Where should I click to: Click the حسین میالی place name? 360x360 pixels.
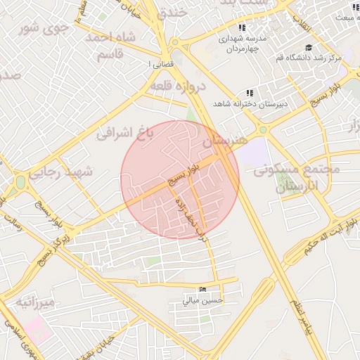203,300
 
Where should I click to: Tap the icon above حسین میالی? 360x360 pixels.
203,290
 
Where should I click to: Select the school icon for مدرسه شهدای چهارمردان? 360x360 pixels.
242,27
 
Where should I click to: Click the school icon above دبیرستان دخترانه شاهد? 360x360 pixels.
248,93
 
